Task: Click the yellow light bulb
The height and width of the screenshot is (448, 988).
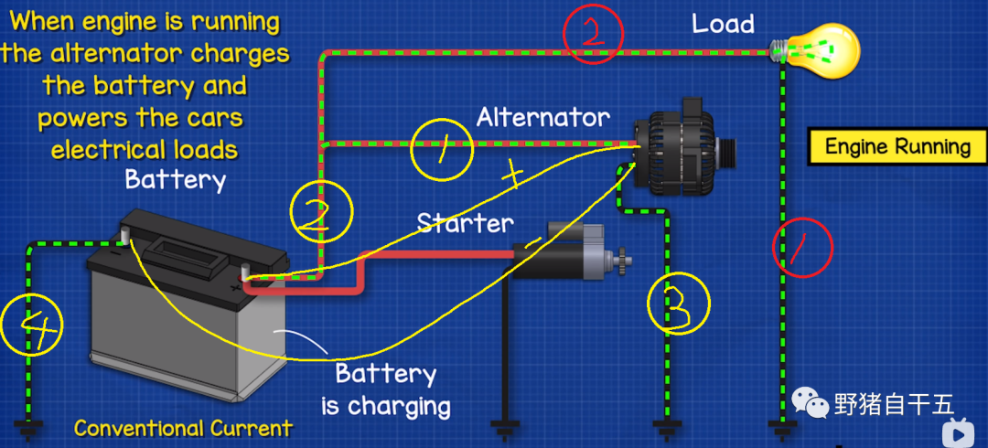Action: coord(826,50)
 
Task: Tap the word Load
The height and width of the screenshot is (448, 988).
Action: coord(723,23)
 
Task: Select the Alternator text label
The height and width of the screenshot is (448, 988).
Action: coord(542,117)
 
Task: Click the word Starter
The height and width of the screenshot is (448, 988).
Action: coord(465,222)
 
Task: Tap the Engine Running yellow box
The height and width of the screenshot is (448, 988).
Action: coord(897,146)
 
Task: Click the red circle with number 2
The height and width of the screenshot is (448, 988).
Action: coord(592,33)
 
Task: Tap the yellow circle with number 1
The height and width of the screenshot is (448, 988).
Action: coord(442,152)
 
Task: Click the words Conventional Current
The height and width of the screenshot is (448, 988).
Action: coord(183,428)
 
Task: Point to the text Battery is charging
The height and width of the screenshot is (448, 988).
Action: coord(385,389)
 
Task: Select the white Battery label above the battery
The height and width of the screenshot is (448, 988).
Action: coord(175,179)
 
